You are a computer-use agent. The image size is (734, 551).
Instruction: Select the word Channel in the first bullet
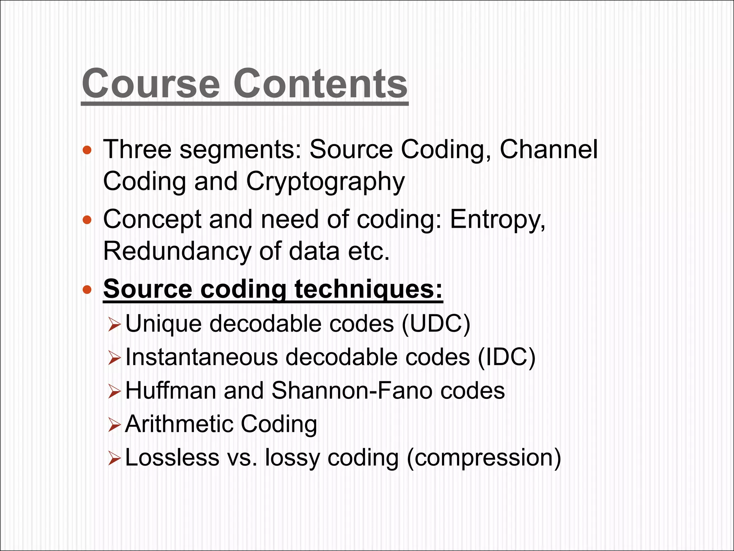(548, 149)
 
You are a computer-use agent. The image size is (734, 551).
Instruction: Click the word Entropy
(497, 220)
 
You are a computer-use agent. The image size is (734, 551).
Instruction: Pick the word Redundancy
(177, 251)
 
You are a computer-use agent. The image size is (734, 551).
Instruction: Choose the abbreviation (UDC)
(436, 324)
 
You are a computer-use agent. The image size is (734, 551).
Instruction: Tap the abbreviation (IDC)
(506, 357)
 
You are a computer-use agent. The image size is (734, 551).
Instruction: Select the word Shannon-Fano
(352, 390)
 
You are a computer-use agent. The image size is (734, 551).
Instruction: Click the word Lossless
(172, 458)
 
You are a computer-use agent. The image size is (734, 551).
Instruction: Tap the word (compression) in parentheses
(484, 458)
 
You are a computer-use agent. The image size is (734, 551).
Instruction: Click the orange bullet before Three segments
(87, 150)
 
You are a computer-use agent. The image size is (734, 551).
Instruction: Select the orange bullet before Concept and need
(87, 220)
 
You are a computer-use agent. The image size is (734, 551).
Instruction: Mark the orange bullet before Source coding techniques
(87, 289)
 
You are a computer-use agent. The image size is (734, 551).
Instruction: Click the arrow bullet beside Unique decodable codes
(114, 325)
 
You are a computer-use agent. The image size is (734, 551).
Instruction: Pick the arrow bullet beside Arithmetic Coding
(114, 425)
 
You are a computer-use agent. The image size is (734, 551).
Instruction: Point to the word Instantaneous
(201, 357)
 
